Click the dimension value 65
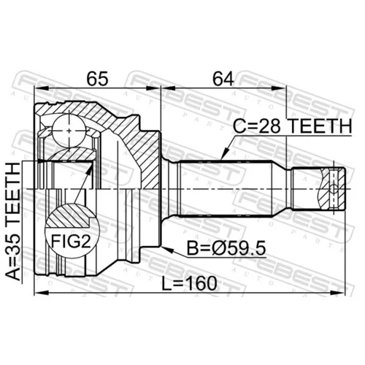click(97, 79)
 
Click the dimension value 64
click(223, 79)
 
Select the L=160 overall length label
click(189, 283)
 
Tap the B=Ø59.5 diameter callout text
click(226, 248)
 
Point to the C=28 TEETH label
click(293, 126)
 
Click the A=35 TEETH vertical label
click(12, 222)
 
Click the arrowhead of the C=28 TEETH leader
click(224, 155)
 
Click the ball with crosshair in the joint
click(69, 131)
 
